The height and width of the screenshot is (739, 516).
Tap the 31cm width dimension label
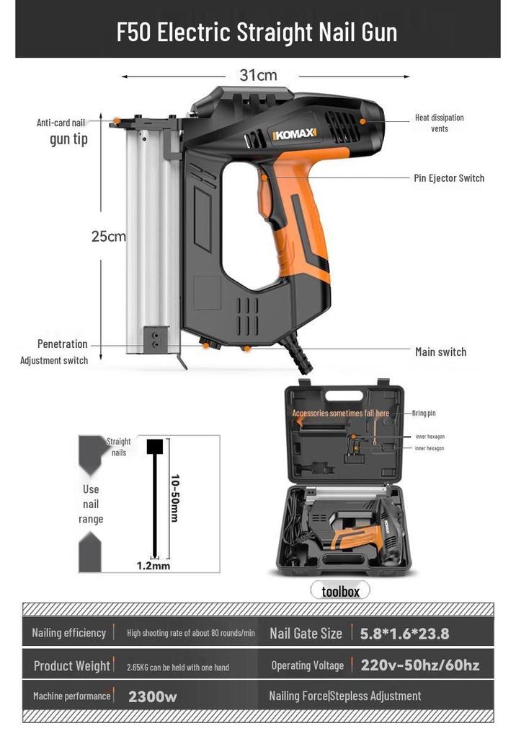click(258, 75)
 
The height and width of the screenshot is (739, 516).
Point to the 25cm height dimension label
click(108, 236)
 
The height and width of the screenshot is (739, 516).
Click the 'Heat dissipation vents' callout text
click(440, 123)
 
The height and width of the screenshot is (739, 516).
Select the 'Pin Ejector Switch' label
click(449, 178)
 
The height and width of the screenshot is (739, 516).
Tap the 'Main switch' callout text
click(440, 352)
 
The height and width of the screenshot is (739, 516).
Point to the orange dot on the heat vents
click(362, 121)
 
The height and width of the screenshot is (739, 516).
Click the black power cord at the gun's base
click(298, 357)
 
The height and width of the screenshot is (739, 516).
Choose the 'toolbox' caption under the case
click(340, 592)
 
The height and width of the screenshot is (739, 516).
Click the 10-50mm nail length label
click(174, 498)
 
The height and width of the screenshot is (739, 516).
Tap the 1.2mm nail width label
click(154, 566)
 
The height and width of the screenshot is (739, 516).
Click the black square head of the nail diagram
click(155, 446)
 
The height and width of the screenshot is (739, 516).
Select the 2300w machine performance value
click(153, 696)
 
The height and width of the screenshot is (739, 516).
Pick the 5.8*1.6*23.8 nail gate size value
click(404, 634)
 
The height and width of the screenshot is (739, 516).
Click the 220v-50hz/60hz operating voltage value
click(420, 665)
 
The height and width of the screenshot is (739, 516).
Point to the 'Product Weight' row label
click(71, 666)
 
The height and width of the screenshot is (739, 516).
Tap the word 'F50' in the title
click(134, 32)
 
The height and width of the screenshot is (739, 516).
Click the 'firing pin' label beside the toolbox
click(424, 414)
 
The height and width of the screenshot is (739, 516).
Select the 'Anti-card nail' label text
click(61, 123)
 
